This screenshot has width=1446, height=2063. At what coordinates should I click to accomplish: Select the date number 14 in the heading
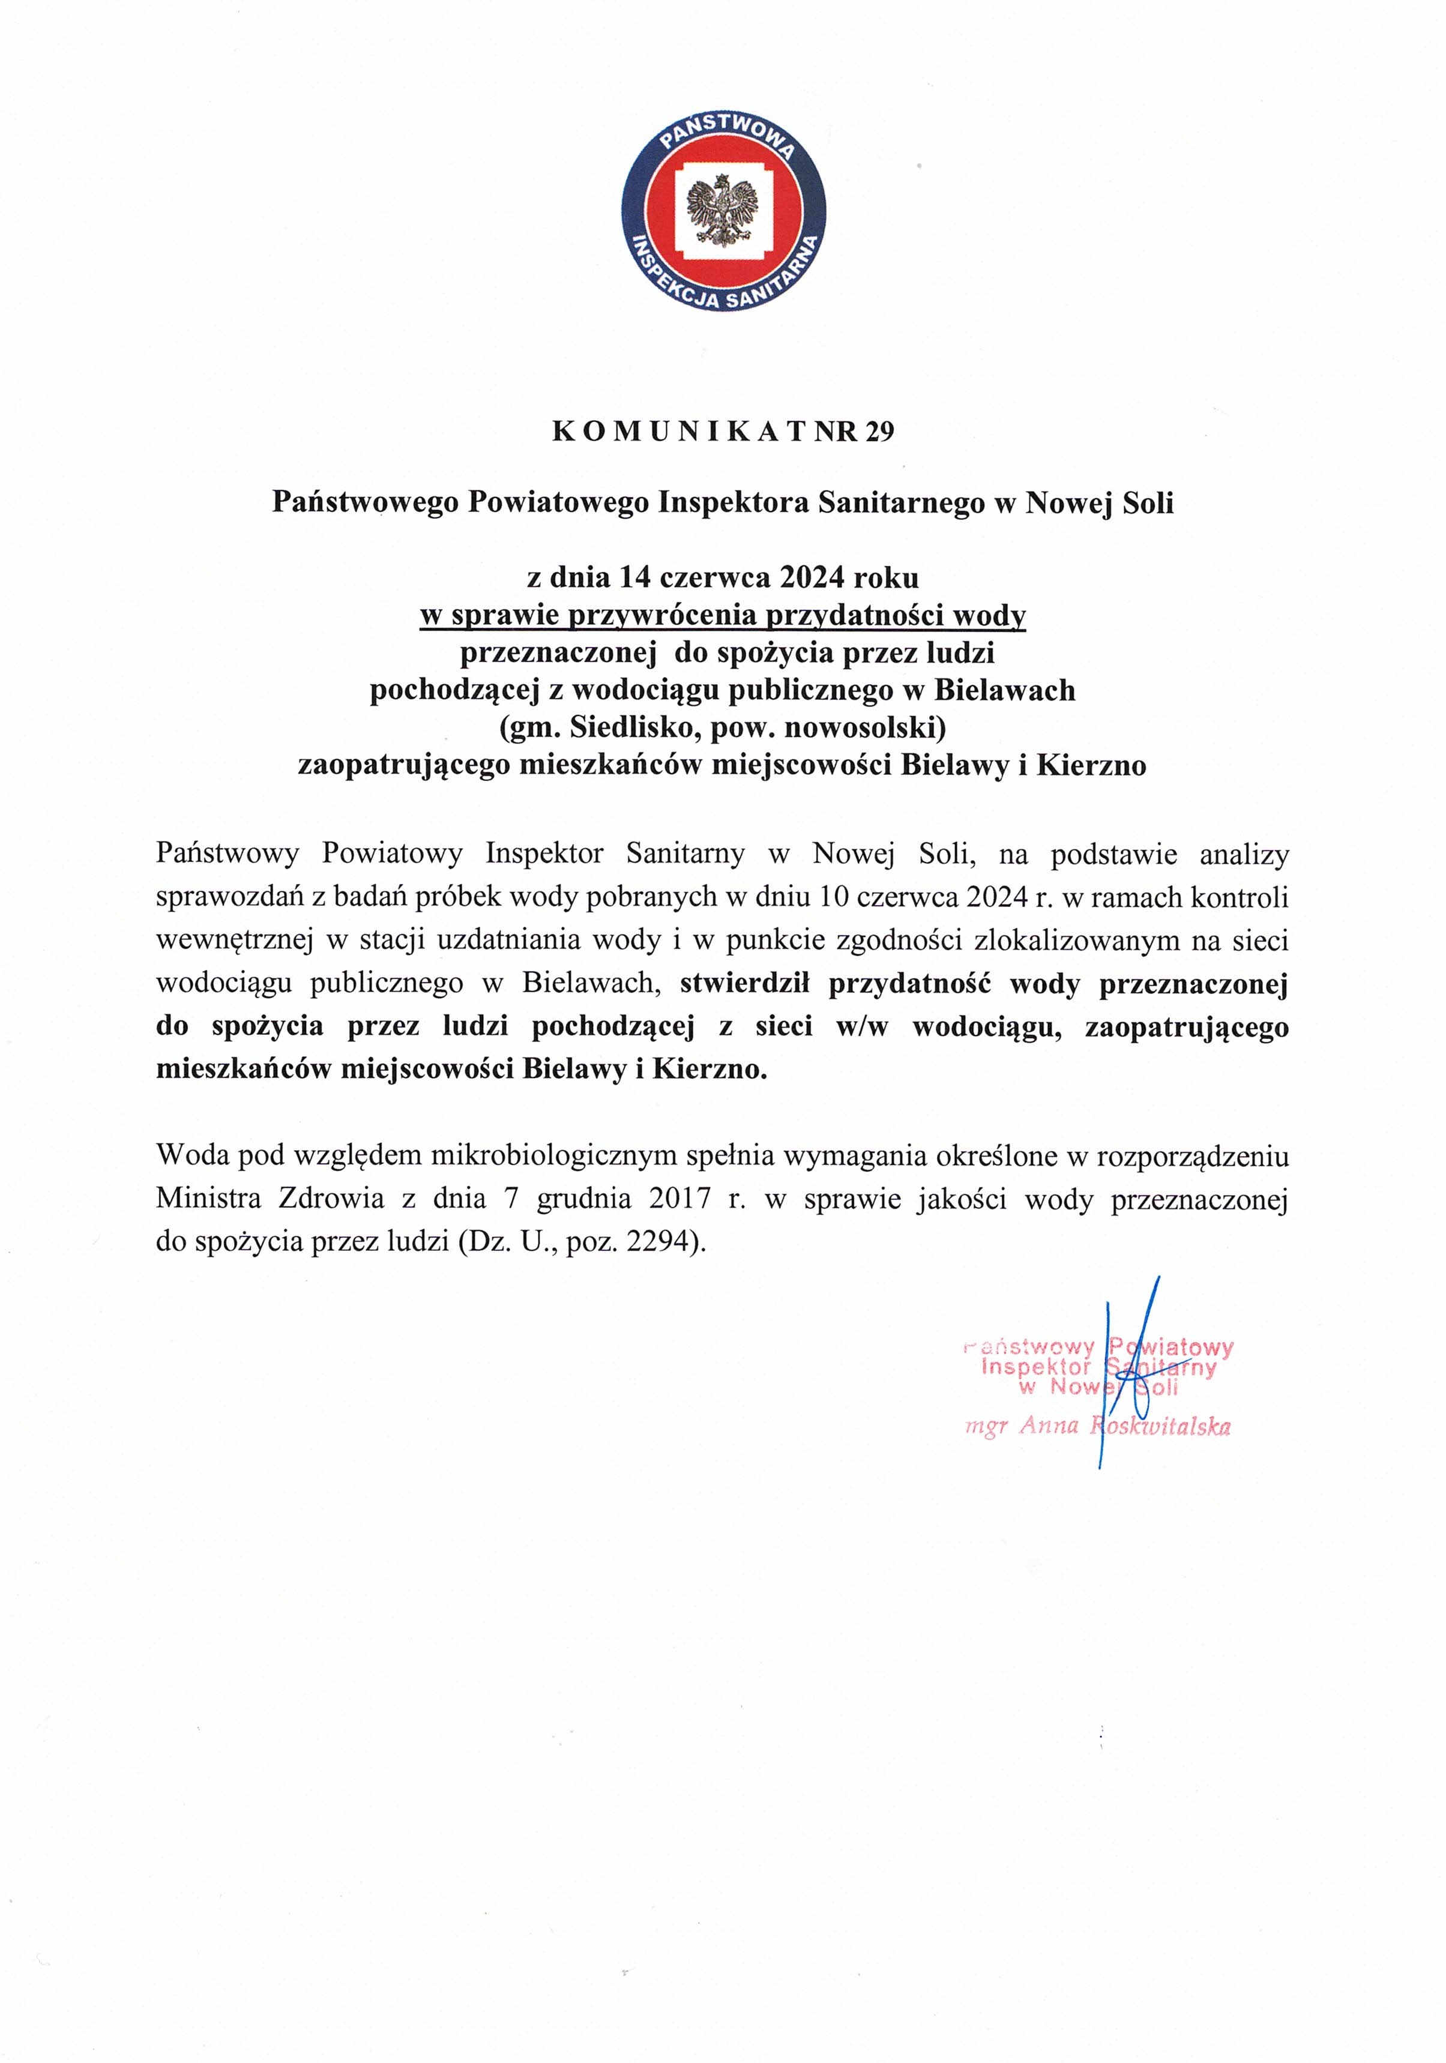tap(634, 576)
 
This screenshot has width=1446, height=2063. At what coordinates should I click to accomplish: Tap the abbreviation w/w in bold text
tap(861, 1027)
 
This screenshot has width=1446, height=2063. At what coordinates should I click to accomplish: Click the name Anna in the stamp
tap(1048, 1426)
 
